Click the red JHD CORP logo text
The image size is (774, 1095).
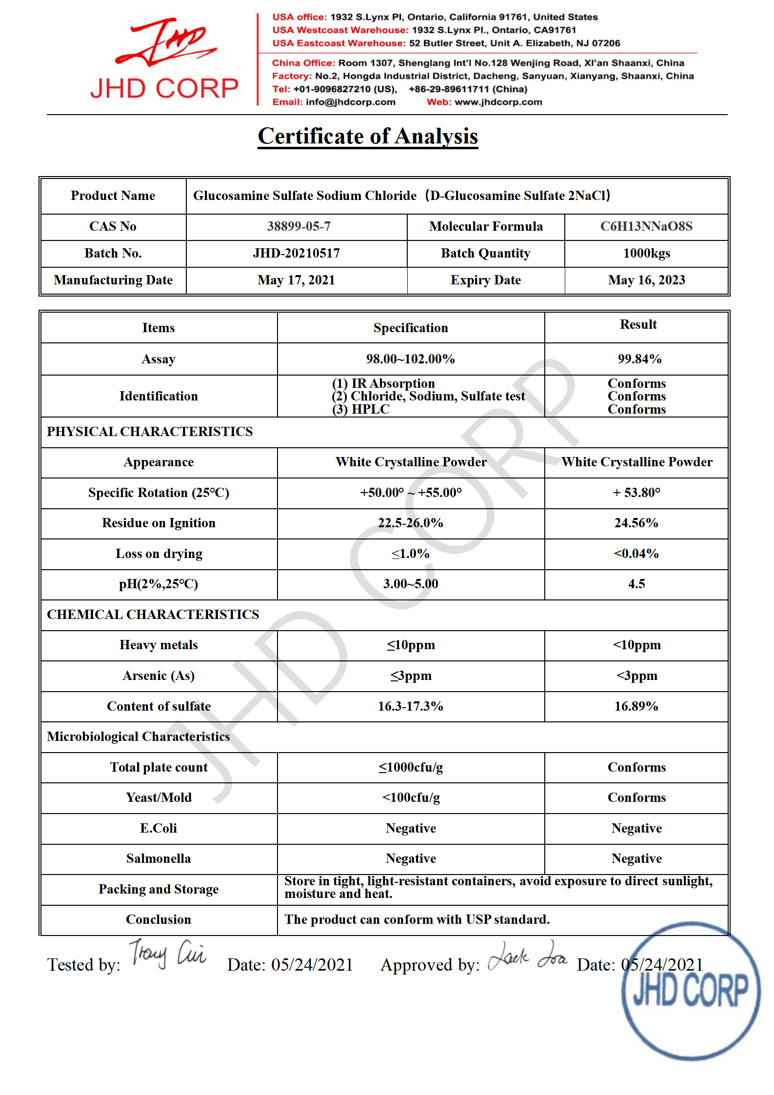coord(164,88)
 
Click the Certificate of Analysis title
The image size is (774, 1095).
coord(368,136)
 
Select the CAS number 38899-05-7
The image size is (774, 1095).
coord(298,226)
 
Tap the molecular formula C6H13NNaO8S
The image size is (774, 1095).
coord(646,226)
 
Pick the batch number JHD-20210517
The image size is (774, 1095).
coord(296,253)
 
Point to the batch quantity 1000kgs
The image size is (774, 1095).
coord(646,253)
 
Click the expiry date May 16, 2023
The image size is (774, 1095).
coord(646,280)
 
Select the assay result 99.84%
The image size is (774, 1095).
coord(639,359)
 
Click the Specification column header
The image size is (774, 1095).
coord(410,328)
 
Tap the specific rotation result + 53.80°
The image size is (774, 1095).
coord(636,493)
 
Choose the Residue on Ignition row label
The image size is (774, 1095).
coord(159,523)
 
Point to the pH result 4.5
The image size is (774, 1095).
coord(636,584)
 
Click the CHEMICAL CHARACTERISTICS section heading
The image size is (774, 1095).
coord(153,615)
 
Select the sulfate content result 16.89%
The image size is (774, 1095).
coord(636,706)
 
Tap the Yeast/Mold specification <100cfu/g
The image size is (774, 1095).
coord(411,797)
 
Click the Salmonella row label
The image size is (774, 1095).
coord(159,858)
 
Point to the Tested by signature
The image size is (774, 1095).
coord(167,954)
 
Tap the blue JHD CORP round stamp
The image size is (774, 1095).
coord(691,991)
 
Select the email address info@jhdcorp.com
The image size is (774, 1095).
coord(350,102)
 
